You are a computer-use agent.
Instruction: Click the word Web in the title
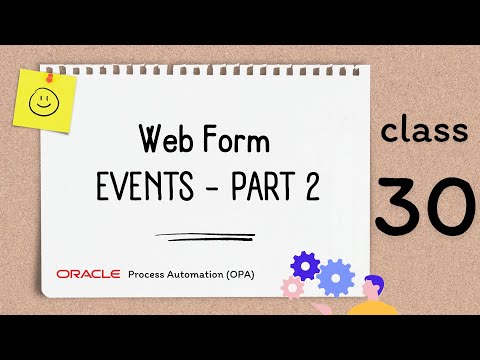coord(164,138)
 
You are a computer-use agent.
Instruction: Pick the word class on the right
coord(425,133)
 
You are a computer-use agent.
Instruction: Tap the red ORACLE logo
coord(88,273)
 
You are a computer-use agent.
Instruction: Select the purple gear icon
coord(303,265)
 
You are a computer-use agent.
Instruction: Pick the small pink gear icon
coord(293,288)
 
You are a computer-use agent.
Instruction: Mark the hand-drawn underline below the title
coord(199,238)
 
